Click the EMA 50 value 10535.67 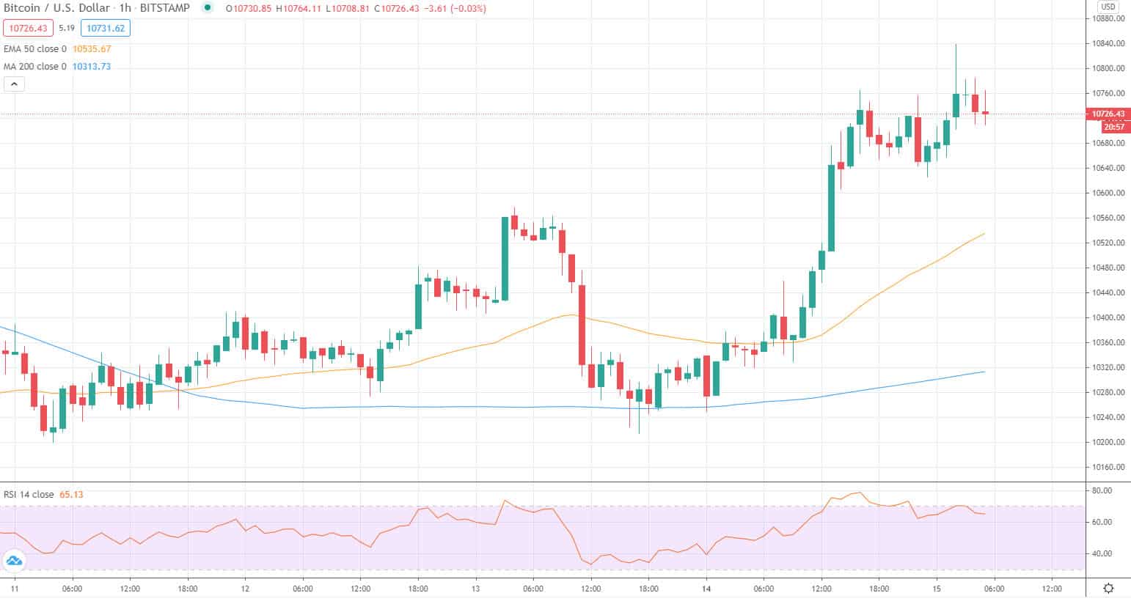pyautogui.click(x=92, y=49)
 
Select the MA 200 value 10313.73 pyautogui.click(x=92, y=67)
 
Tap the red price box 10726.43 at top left pyautogui.click(x=26, y=29)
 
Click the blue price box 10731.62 pyautogui.click(x=106, y=29)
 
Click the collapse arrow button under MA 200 pyautogui.click(x=14, y=84)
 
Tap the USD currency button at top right pyautogui.click(x=1107, y=7)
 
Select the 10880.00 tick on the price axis pyautogui.click(x=1108, y=18)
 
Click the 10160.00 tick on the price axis pyautogui.click(x=1108, y=467)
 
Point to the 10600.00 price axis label pyautogui.click(x=1108, y=193)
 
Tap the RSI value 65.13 pyautogui.click(x=71, y=495)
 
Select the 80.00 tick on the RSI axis pyautogui.click(x=1102, y=490)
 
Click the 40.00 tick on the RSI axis pyautogui.click(x=1102, y=553)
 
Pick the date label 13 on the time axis pyautogui.click(x=475, y=588)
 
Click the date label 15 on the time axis pyautogui.click(x=937, y=588)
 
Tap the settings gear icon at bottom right pyautogui.click(x=1108, y=588)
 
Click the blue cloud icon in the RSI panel pyautogui.click(x=14, y=561)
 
